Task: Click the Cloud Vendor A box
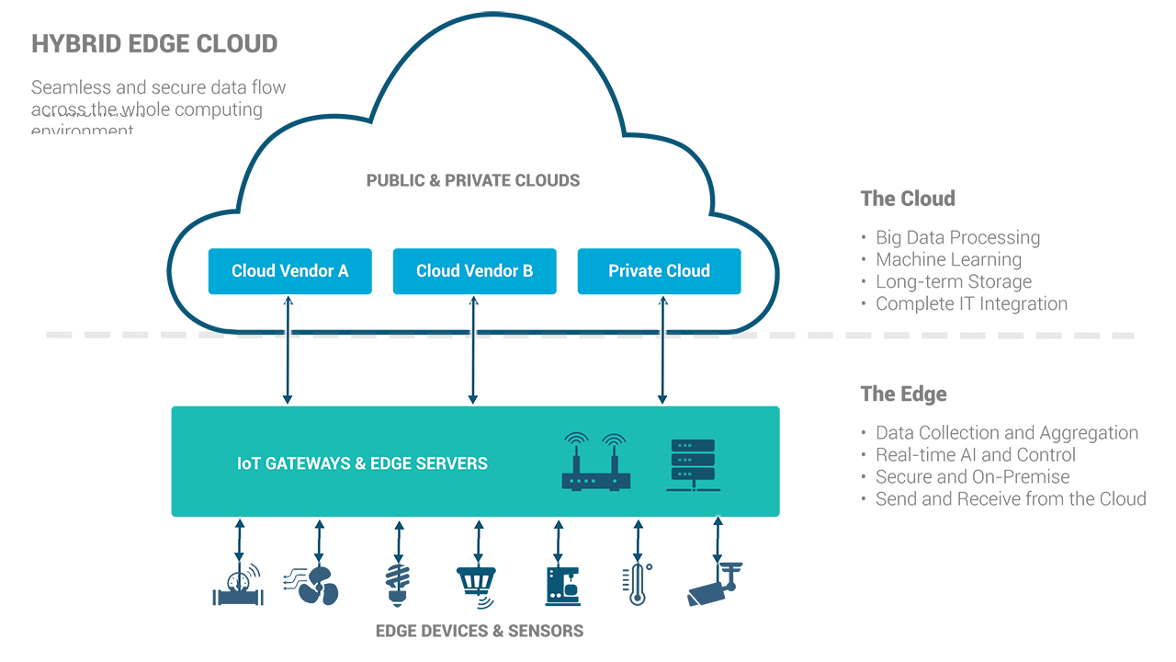tap(289, 271)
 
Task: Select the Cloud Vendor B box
tap(474, 271)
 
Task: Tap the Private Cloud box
tap(659, 271)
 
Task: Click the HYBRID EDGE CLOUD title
tap(154, 43)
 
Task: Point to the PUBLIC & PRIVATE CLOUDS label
tap(473, 180)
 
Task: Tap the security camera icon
tap(714, 584)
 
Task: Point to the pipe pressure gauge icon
tap(238, 587)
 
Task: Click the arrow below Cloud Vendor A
tap(288, 349)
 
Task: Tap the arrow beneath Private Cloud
tap(661, 349)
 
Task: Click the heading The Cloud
tap(908, 199)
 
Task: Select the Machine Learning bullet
tap(948, 259)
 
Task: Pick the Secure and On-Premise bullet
tap(972, 476)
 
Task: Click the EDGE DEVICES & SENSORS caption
tap(480, 631)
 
